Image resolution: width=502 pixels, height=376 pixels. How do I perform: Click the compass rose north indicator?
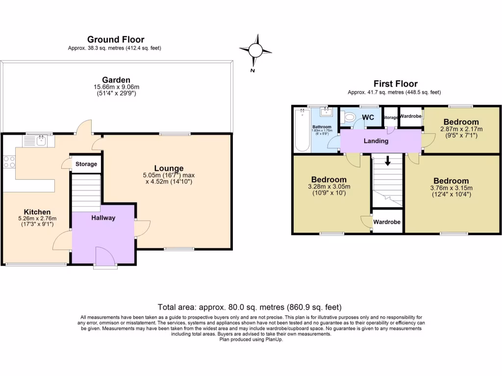click(255, 51)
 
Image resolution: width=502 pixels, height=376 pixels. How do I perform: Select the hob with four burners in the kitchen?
click(9, 162)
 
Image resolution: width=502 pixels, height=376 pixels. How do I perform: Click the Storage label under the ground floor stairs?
click(86, 164)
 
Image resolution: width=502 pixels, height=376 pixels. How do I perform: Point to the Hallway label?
click(103, 218)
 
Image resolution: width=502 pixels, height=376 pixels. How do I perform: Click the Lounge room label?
click(169, 168)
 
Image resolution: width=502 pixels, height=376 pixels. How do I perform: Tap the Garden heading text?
click(116, 80)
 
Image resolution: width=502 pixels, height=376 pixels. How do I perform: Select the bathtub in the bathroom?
click(302, 130)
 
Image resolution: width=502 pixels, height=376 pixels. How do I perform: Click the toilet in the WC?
click(348, 117)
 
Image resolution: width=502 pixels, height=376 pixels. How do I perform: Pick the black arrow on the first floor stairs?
click(388, 161)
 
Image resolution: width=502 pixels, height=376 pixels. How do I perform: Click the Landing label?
click(376, 141)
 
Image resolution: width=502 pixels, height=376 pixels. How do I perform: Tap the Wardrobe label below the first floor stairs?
click(387, 222)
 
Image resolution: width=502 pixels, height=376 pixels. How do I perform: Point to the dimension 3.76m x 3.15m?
click(451, 188)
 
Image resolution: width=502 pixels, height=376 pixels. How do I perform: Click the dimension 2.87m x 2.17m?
click(461, 129)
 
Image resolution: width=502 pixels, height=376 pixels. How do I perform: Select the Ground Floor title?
click(116, 39)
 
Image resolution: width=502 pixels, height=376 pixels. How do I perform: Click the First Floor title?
click(396, 84)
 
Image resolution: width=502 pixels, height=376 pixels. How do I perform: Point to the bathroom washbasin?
click(326, 112)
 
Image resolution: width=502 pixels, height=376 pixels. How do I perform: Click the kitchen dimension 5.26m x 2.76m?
click(37, 219)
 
